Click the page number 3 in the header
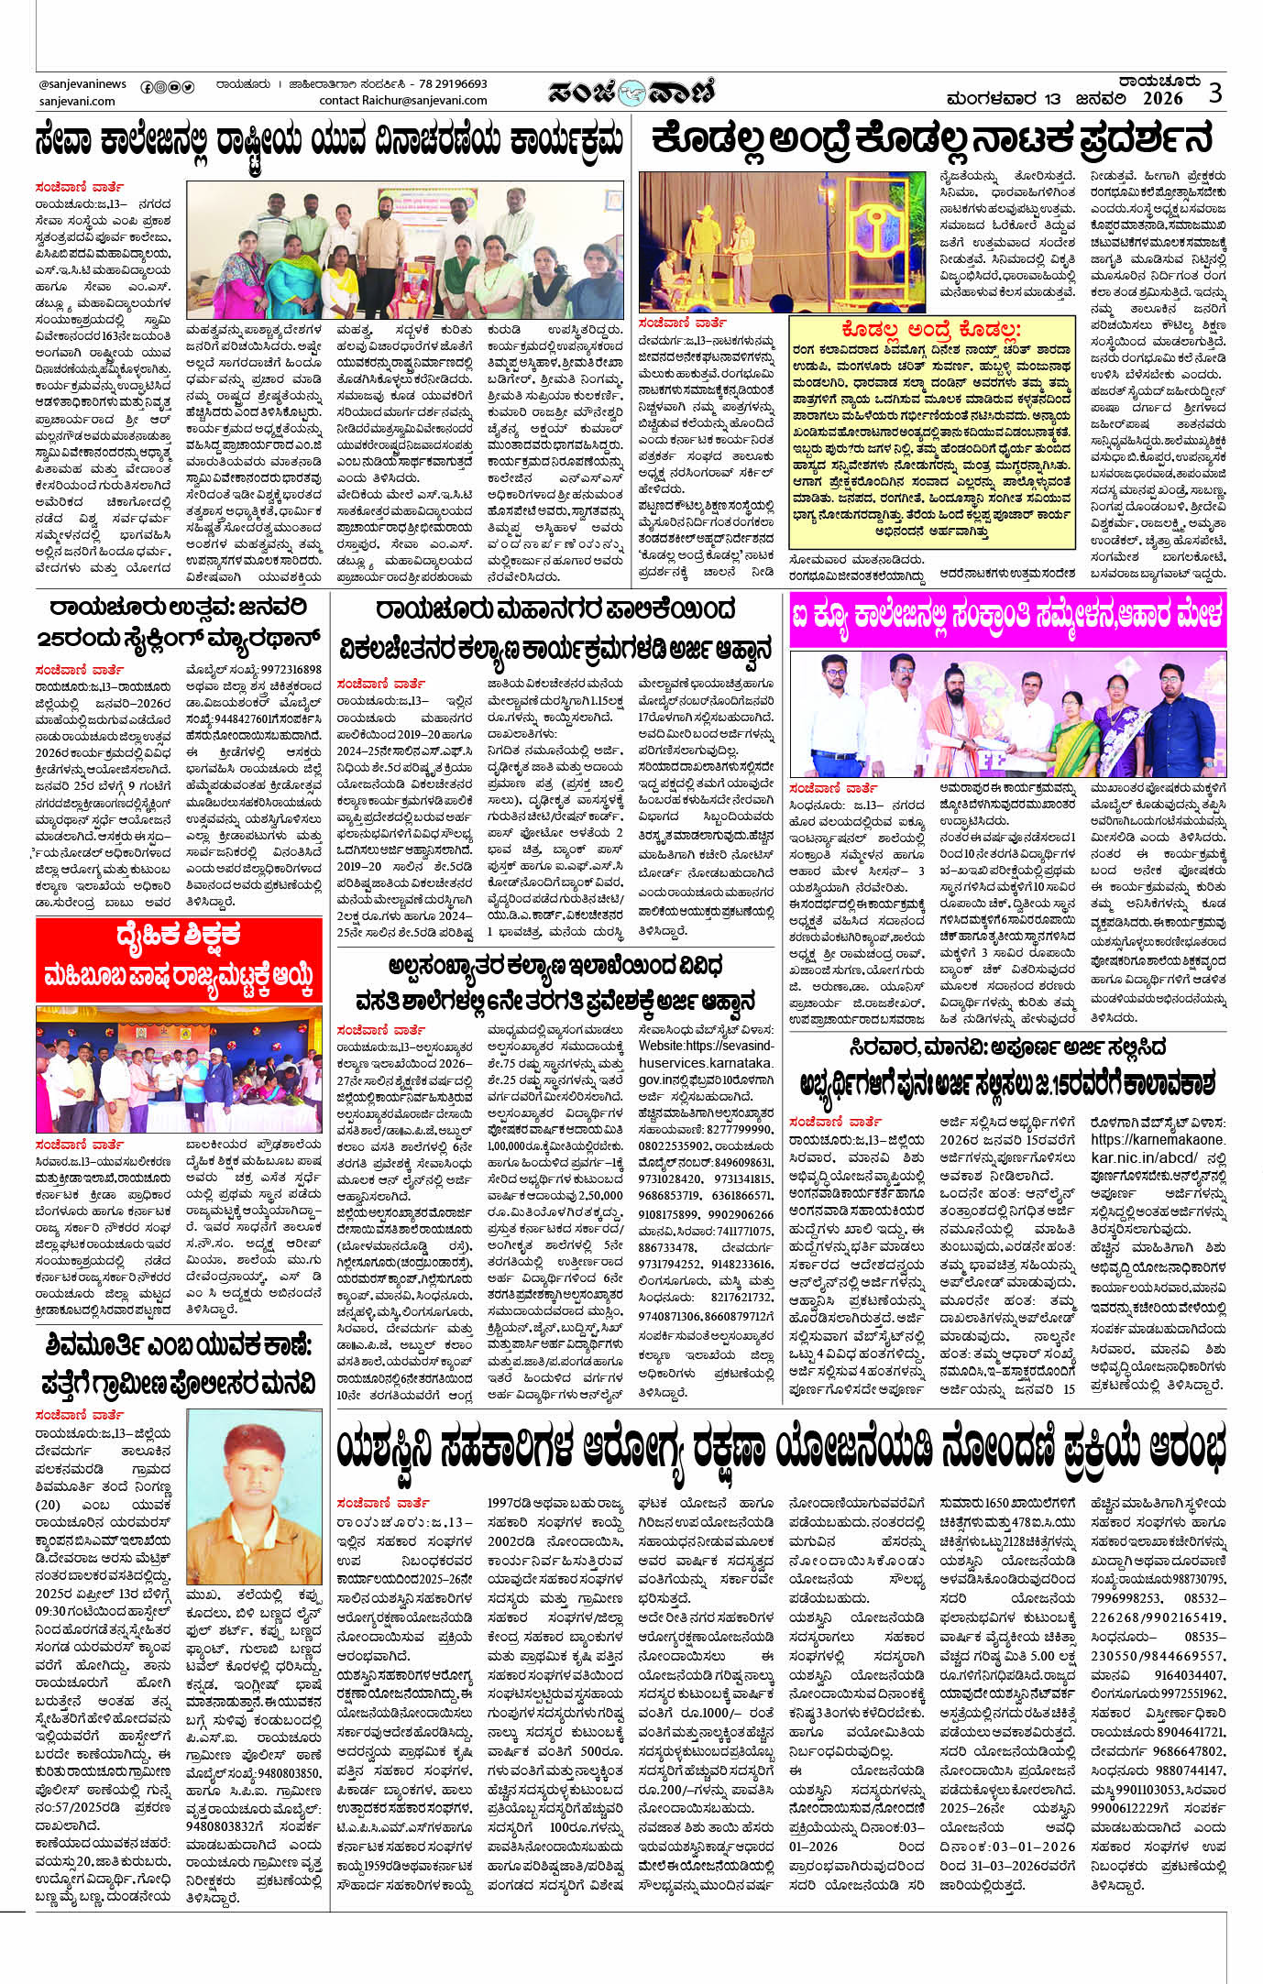(x=1215, y=93)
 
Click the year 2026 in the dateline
(x=1162, y=98)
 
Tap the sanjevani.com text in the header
(x=77, y=101)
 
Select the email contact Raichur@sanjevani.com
(x=403, y=101)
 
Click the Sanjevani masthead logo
(x=631, y=92)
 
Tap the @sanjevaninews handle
(x=82, y=84)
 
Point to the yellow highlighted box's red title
(x=930, y=330)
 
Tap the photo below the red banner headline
(x=179, y=1069)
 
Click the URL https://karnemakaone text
(x=1157, y=1140)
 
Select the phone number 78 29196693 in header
(x=453, y=83)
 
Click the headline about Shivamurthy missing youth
(x=179, y=1364)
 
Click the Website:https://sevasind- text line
(x=706, y=1046)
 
